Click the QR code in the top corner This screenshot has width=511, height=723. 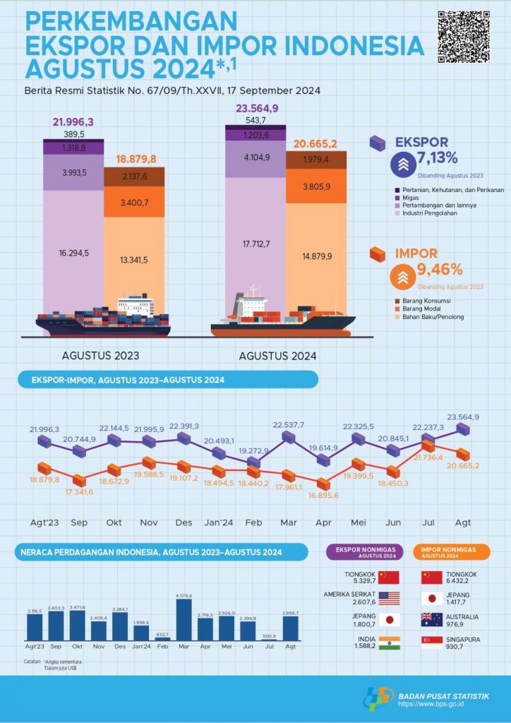[464, 36]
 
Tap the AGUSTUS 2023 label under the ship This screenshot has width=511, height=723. [101, 354]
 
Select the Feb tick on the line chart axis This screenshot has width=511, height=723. [253, 523]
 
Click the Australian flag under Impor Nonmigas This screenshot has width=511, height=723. [432, 620]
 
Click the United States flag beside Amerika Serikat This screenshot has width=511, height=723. [389, 598]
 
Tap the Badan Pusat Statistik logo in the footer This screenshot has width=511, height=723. [380, 698]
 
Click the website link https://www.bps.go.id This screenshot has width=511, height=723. [443, 704]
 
